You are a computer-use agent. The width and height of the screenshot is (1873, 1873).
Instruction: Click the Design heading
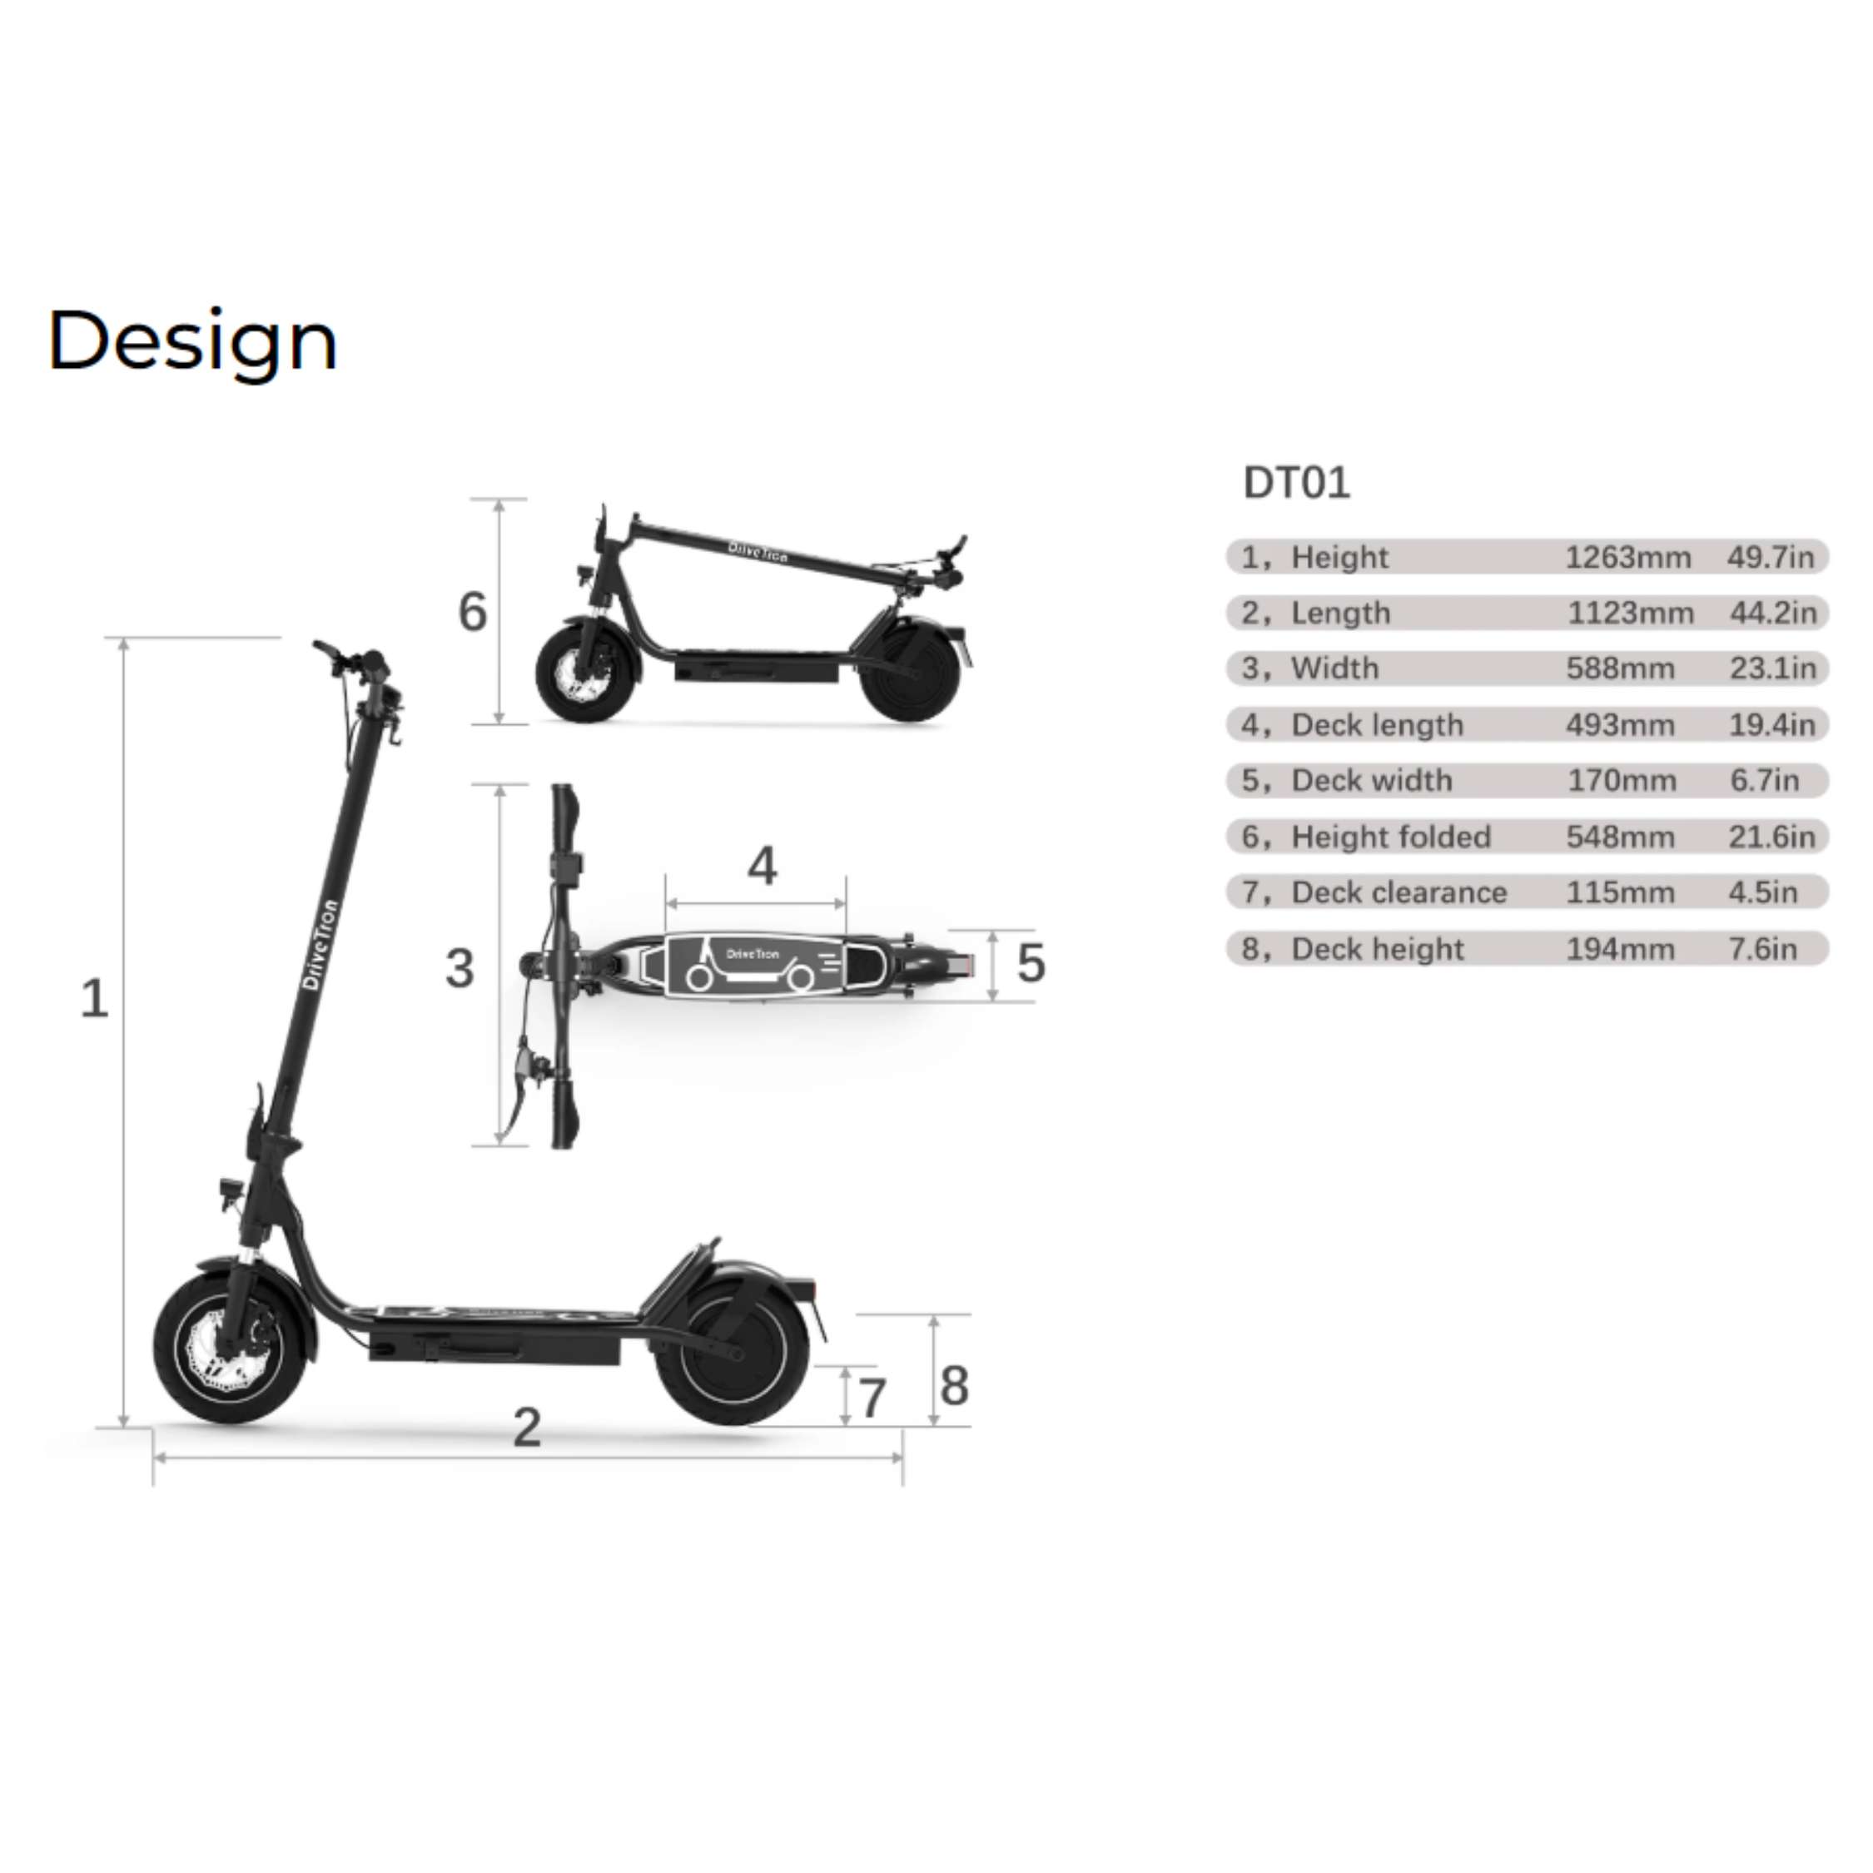(x=192, y=342)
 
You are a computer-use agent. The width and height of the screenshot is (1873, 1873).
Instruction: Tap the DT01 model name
(x=1296, y=483)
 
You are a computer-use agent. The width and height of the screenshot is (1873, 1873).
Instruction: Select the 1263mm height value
(x=1627, y=558)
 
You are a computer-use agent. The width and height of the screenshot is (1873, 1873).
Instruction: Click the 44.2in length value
(x=1773, y=613)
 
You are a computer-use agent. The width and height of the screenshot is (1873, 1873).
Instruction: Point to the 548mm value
(x=1620, y=837)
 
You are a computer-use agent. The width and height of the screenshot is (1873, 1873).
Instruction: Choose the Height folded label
(x=1391, y=837)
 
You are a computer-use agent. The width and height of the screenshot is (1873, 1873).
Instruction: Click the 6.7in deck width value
(x=1765, y=781)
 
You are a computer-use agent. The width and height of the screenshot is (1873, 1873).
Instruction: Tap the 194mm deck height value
(x=1620, y=948)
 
